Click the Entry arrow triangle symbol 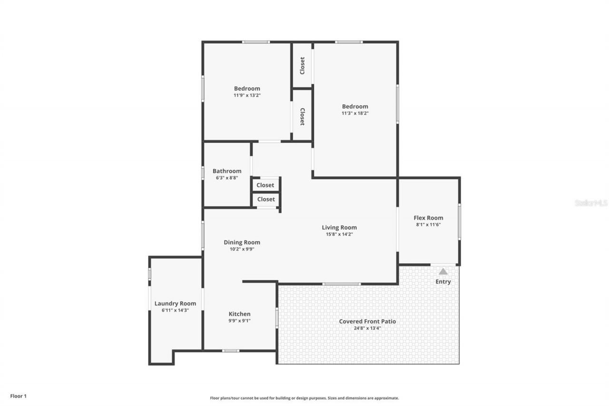443,271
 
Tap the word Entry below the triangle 443,282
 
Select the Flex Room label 428,218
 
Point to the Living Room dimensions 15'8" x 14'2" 339,234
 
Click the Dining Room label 242,242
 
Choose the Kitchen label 239,314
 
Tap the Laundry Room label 175,303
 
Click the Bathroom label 227,171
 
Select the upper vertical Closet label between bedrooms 302,66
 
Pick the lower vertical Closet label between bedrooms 302,116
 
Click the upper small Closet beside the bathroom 265,185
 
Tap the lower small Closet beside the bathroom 266,199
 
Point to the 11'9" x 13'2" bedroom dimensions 247,95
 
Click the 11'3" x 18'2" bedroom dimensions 355,113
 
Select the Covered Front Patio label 367,321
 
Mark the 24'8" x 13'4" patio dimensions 367,328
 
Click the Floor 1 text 19,396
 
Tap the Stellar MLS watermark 591,203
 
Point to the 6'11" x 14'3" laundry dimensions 175,310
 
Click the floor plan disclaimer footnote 304,398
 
